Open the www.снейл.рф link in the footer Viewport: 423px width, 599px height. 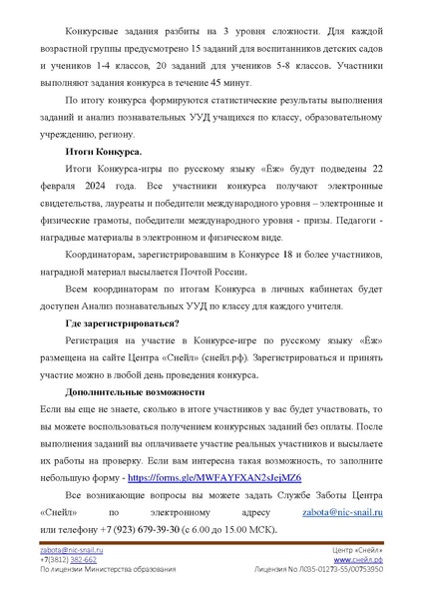pyautogui.click(x=360, y=560)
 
